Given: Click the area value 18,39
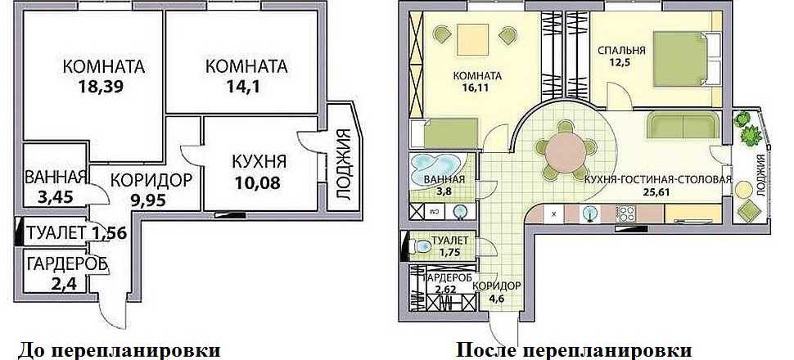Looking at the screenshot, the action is [x=102, y=86].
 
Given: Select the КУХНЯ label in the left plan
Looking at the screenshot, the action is [x=259, y=162].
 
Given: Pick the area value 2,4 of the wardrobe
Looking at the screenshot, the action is [x=64, y=283].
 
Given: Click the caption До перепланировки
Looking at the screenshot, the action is [x=120, y=351].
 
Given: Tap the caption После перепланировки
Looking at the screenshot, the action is [x=574, y=351].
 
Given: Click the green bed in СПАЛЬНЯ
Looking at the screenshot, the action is [x=680, y=58].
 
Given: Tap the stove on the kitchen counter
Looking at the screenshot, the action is [x=625, y=214].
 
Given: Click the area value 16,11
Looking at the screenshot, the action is [x=477, y=87].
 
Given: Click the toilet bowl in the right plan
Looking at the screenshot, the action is [x=420, y=247].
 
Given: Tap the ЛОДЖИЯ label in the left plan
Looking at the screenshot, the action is [x=344, y=165].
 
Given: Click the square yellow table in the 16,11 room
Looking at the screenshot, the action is [x=473, y=39].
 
